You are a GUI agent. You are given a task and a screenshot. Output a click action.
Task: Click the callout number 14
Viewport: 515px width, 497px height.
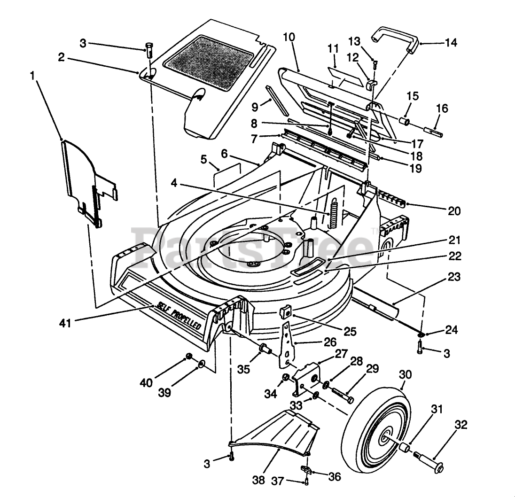coord(451,43)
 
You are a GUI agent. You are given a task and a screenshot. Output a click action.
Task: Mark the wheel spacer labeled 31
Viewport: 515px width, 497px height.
coord(405,446)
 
